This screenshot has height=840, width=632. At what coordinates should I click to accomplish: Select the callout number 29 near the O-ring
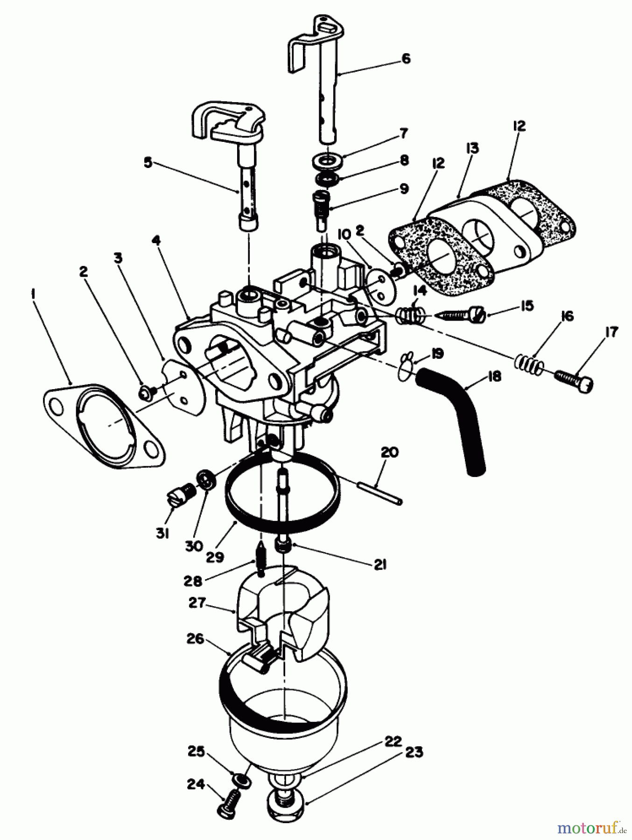tap(217, 556)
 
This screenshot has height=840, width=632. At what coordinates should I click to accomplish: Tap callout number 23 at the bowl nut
tap(415, 752)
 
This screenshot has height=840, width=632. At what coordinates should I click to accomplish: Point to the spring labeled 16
tap(529, 363)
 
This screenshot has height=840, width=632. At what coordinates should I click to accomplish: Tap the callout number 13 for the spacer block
tap(472, 149)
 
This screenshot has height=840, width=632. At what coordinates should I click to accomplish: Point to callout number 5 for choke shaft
tap(148, 164)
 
